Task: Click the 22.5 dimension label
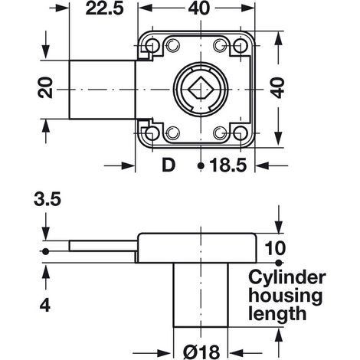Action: (104, 8)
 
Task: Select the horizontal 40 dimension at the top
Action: (200, 8)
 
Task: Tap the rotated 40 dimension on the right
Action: (277, 87)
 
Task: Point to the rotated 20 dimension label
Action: (45, 87)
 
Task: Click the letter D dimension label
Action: (169, 165)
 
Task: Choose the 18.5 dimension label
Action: (228, 165)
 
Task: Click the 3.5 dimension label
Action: (47, 199)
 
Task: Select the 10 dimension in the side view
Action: (275, 247)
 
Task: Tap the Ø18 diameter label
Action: (201, 352)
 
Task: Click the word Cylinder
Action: (287, 278)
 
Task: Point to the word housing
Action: (285, 296)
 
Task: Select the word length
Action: (277, 313)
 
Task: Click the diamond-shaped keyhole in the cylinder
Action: (201, 87)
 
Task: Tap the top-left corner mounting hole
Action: (152, 46)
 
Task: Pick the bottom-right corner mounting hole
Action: (241, 133)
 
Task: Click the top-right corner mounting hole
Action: (241, 46)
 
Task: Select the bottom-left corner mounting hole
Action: (152, 133)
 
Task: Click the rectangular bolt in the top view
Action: (102, 90)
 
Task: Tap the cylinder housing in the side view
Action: (201, 295)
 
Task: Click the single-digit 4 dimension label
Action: (45, 305)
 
